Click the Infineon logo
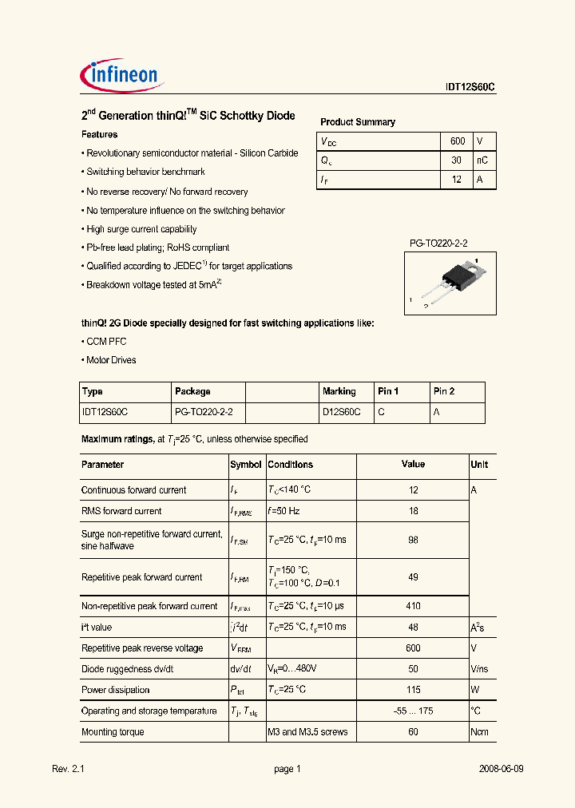pyautogui.click(x=122, y=76)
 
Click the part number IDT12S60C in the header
pyautogui.click(x=470, y=89)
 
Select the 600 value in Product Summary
pyautogui.click(x=457, y=141)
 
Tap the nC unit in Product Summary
pyautogui.click(x=482, y=160)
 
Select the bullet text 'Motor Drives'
pyautogui.click(x=111, y=360)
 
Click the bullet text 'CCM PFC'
pyautogui.click(x=106, y=342)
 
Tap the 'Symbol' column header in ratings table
pyautogui.click(x=246, y=465)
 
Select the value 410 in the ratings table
pyautogui.click(x=413, y=606)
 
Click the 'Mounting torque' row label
pyautogui.click(x=113, y=732)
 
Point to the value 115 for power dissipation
pyautogui.click(x=413, y=690)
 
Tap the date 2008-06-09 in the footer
pyautogui.click(x=501, y=769)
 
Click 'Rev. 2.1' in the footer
pyautogui.click(x=68, y=769)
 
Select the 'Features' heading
pyautogui.click(x=100, y=135)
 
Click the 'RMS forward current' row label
pyautogui.click(x=121, y=511)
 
